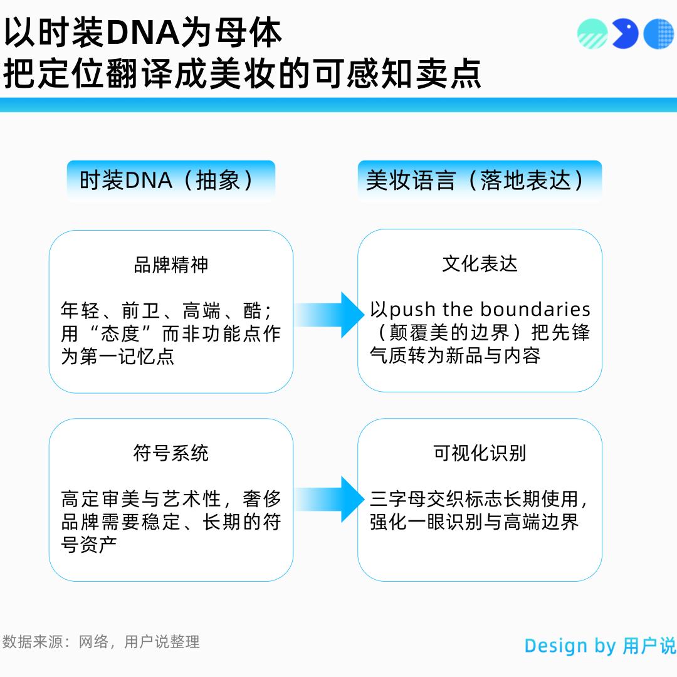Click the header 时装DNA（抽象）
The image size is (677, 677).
point(171,181)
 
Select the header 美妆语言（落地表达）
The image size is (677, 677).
point(480,181)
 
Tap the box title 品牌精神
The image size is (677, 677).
point(171,265)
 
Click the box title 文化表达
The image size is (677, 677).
point(480,264)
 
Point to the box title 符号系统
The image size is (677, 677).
point(171,453)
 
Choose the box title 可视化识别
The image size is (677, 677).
point(480,453)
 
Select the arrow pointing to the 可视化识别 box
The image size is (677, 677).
point(328,499)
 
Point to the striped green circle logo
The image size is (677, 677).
point(592,33)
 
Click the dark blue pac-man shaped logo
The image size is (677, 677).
point(624,33)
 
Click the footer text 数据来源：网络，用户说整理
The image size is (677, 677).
point(101,642)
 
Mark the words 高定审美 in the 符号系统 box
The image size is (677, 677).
point(100,500)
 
